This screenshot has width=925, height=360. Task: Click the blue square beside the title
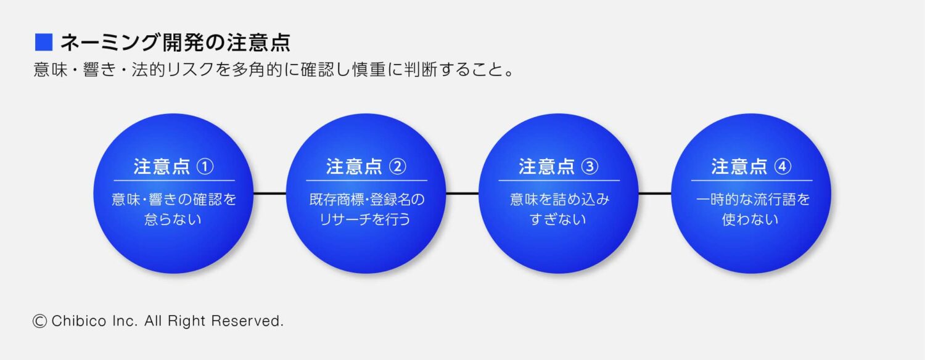(x=44, y=43)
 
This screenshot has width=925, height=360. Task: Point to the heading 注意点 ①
(x=173, y=166)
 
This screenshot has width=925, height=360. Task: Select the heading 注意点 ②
(x=366, y=166)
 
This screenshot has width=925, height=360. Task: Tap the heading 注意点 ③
(x=559, y=166)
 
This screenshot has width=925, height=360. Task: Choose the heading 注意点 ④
(x=751, y=166)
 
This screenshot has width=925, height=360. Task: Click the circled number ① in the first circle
(x=205, y=166)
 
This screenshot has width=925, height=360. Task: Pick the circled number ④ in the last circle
(x=783, y=166)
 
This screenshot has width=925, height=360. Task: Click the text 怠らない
(x=173, y=219)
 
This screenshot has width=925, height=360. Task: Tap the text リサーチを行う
(x=366, y=219)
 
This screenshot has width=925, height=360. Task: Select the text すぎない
(x=558, y=219)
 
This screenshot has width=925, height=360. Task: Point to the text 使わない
(x=750, y=219)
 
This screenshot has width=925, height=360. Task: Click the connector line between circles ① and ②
(x=270, y=194)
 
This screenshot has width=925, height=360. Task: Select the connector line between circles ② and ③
(x=462, y=194)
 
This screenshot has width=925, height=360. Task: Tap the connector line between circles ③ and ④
(x=654, y=194)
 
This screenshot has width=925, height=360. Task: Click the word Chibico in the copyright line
(x=76, y=321)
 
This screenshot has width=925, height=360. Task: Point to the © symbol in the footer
(x=40, y=321)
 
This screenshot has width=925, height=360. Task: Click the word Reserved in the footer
(x=247, y=321)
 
